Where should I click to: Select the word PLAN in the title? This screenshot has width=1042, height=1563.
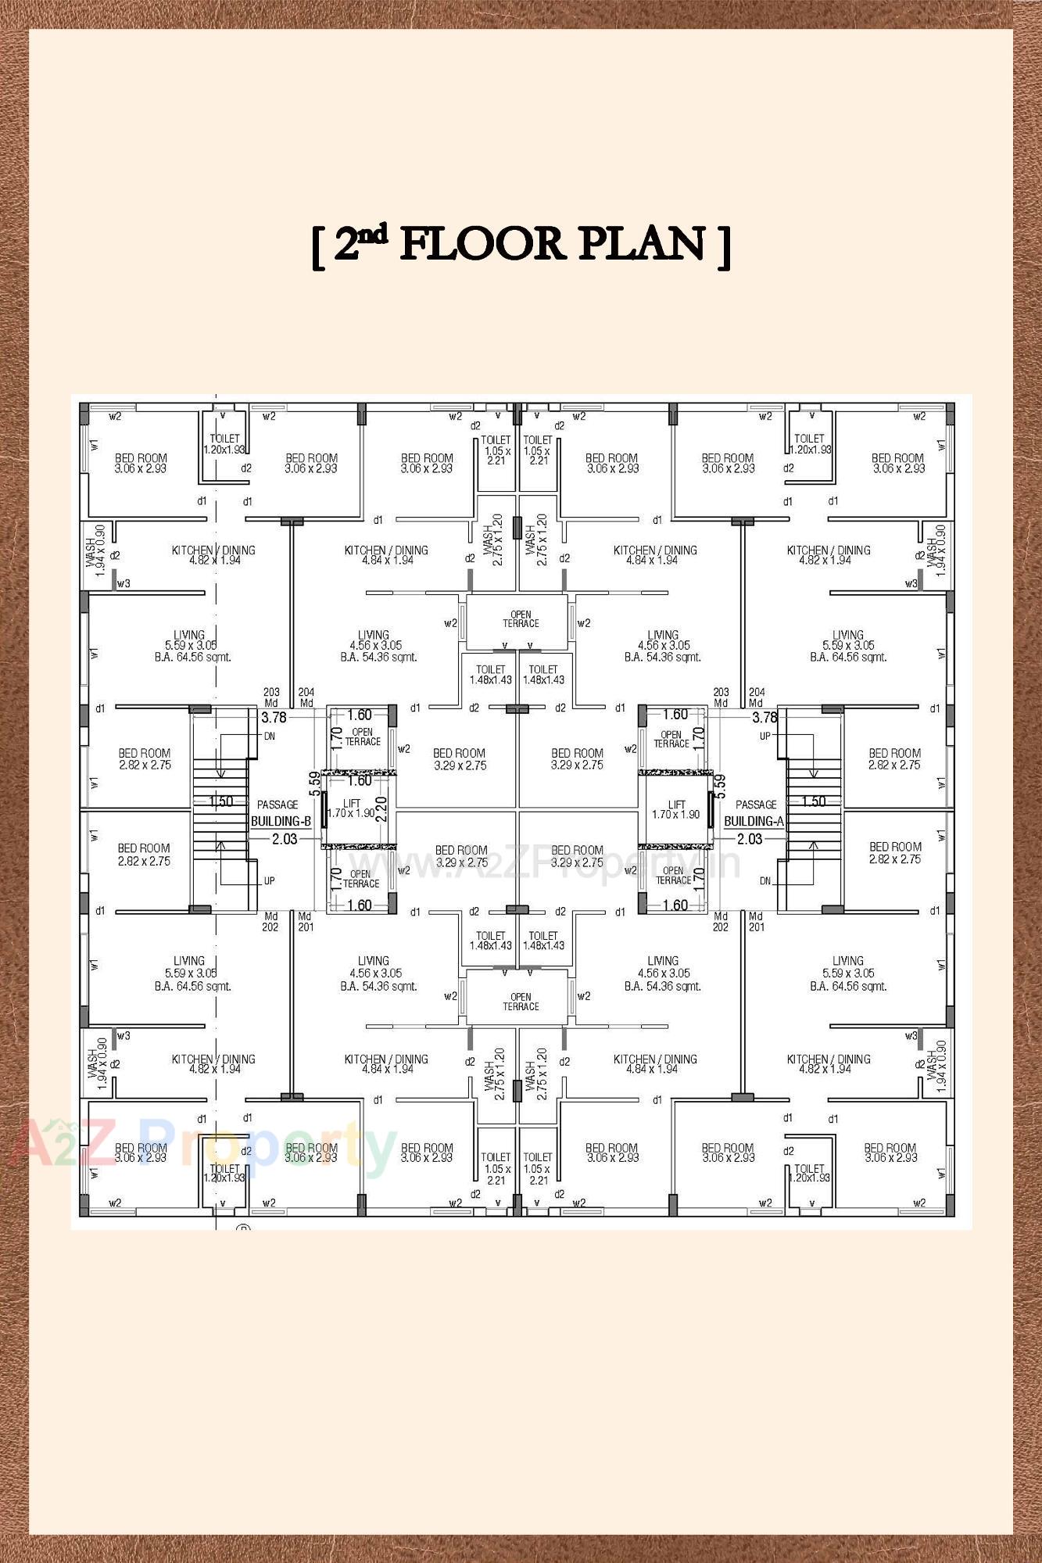pyautogui.click(x=642, y=244)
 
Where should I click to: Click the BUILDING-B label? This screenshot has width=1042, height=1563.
pyautogui.click(x=281, y=822)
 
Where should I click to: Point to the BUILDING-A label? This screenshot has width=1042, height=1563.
pyautogui.click(x=754, y=822)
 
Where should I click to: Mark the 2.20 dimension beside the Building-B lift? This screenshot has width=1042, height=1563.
pyautogui.click(x=381, y=808)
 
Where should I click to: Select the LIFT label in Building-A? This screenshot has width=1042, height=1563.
pyautogui.click(x=677, y=805)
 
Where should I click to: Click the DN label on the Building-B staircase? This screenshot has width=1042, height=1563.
pyautogui.click(x=269, y=737)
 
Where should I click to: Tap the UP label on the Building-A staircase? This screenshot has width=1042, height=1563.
pyautogui.click(x=765, y=737)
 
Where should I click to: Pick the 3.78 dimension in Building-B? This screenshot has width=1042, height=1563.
pyautogui.click(x=274, y=717)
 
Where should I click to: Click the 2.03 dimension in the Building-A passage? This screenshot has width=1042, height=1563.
pyautogui.click(x=750, y=839)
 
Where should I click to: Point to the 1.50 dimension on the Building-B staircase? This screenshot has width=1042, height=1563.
pyautogui.click(x=221, y=801)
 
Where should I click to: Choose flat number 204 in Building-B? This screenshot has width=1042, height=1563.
pyautogui.click(x=306, y=693)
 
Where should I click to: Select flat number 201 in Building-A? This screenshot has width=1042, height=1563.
pyautogui.click(x=757, y=927)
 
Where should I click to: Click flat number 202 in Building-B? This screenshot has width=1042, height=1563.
pyautogui.click(x=270, y=927)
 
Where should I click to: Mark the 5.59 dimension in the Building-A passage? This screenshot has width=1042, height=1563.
pyautogui.click(x=720, y=783)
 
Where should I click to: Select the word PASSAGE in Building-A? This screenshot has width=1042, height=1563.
pyautogui.click(x=756, y=805)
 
